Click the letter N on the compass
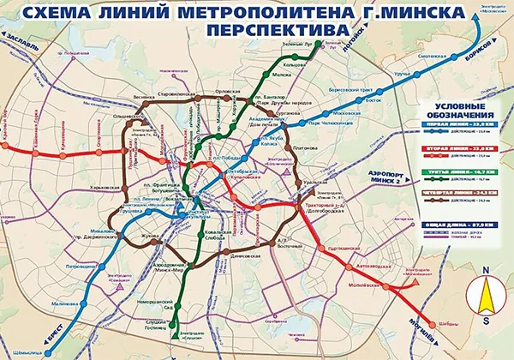[485, 269]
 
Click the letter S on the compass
[486, 321]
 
